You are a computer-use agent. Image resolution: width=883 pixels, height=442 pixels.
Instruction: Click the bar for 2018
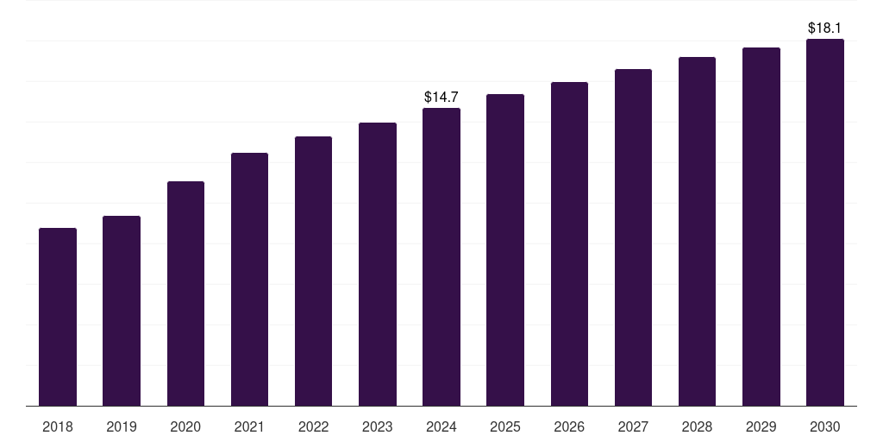click(x=58, y=317)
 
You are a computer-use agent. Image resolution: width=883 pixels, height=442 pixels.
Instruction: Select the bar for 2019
click(x=122, y=311)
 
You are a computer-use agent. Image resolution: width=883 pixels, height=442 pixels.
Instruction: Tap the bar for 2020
click(x=185, y=294)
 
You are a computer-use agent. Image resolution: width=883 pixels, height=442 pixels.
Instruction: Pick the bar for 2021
click(x=249, y=279)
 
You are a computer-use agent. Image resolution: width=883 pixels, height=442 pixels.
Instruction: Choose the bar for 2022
click(x=313, y=271)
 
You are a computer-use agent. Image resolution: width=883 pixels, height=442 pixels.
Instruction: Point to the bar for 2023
click(x=378, y=264)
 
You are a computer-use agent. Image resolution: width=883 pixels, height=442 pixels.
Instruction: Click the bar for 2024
click(x=441, y=256)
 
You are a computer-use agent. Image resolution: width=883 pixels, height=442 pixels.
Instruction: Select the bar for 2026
click(x=569, y=243)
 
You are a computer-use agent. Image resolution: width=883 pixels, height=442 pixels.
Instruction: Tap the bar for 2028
click(x=697, y=231)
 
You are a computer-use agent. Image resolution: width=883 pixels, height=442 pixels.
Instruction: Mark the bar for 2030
click(x=825, y=222)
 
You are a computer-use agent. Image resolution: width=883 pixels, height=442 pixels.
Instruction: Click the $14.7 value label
click(x=441, y=98)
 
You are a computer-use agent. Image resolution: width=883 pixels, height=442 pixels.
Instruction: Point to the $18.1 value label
click(x=825, y=28)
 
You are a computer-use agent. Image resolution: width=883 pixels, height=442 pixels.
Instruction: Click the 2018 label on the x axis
click(x=58, y=426)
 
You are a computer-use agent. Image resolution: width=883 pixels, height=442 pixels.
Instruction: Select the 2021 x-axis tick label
click(x=249, y=426)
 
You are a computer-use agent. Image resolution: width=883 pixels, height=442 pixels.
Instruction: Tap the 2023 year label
click(x=378, y=426)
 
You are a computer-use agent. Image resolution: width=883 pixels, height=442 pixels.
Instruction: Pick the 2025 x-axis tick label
click(x=505, y=426)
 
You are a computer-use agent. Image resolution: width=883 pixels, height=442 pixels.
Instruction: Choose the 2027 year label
click(x=633, y=426)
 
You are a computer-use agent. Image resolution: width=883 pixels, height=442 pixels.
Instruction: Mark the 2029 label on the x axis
click(x=761, y=426)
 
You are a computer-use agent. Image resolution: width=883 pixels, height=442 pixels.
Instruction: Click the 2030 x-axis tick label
click(x=825, y=426)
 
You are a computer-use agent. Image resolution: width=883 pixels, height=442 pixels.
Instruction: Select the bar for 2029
click(x=761, y=226)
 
